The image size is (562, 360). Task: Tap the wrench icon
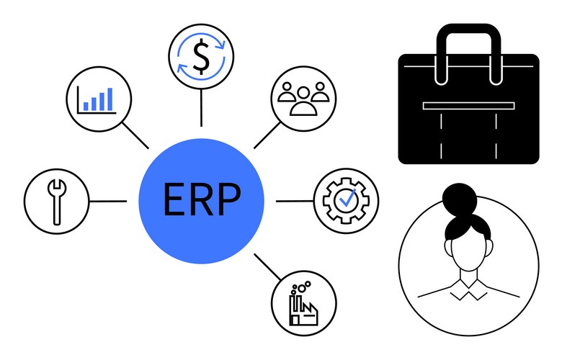[56, 201]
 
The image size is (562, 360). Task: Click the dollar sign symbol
[201, 55]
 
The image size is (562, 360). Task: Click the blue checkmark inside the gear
[347, 199]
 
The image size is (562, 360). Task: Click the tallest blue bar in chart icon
[110, 99]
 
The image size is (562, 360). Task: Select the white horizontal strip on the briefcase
[469, 106]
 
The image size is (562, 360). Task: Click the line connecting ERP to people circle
[267, 134]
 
